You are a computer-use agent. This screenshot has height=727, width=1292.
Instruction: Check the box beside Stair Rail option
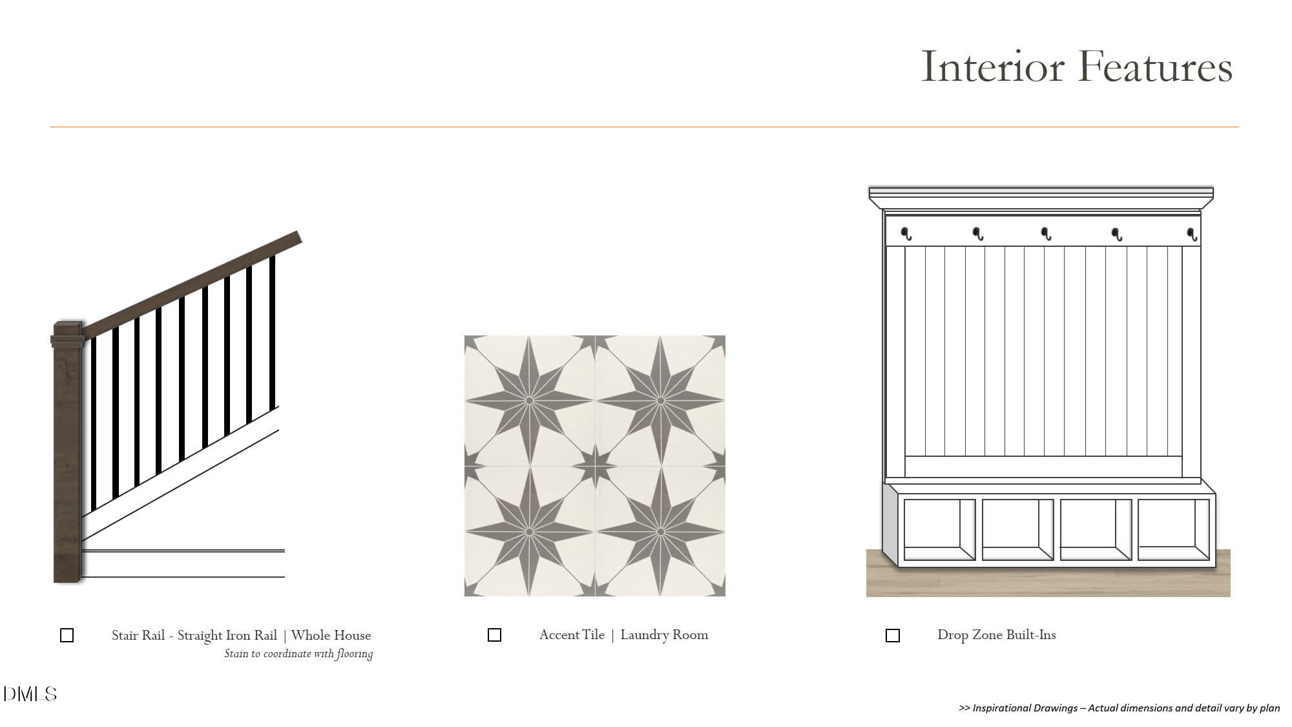(x=67, y=635)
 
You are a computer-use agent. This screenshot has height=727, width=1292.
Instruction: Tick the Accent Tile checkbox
(x=494, y=635)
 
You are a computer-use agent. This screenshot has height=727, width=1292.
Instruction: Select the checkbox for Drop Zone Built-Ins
(x=892, y=636)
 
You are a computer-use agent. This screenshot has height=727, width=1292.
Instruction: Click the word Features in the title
(x=1155, y=66)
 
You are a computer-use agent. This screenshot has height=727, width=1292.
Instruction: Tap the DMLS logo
(x=30, y=694)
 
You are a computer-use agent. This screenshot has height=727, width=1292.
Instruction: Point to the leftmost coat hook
(x=906, y=234)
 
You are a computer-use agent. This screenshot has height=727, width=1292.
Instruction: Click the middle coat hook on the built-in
(x=1046, y=234)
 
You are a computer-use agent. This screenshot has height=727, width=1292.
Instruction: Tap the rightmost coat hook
(x=1193, y=234)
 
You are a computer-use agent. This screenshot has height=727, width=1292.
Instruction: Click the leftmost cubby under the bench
(x=939, y=529)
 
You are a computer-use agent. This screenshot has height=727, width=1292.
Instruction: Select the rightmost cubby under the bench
(x=1173, y=529)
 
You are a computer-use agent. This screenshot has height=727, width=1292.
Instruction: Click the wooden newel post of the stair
(x=68, y=452)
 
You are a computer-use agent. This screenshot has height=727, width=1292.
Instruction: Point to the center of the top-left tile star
(x=530, y=401)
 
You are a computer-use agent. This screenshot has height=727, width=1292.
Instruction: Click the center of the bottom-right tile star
(x=660, y=532)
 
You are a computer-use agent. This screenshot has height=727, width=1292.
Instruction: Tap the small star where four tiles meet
(x=595, y=466)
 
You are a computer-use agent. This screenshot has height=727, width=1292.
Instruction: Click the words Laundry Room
(x=664, y=635)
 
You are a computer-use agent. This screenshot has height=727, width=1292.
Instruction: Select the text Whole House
(x=331, y=635)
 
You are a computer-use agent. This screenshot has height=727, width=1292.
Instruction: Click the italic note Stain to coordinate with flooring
(x=298, y=654)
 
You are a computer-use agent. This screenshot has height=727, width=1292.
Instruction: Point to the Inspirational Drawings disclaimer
(x=1120, y=708)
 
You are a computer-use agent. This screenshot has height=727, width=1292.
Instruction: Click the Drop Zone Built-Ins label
(x=997, y=635)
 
